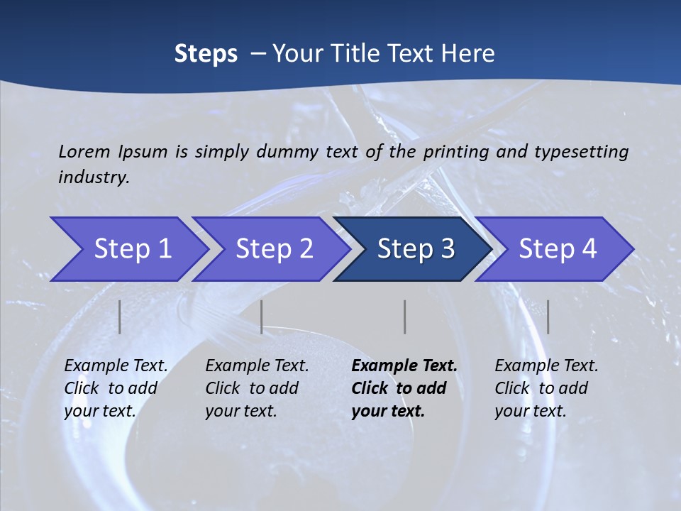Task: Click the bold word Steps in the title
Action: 206,53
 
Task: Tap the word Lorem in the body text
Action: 84,151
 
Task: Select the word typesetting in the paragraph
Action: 581,151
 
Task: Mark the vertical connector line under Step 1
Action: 120,317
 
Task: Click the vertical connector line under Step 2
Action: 262,317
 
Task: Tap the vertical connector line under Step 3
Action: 404,317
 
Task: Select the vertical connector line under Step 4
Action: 548,317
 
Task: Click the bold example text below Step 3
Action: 404,388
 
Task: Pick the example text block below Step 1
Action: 116,388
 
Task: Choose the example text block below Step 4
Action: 546,388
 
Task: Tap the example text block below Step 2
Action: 257,388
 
